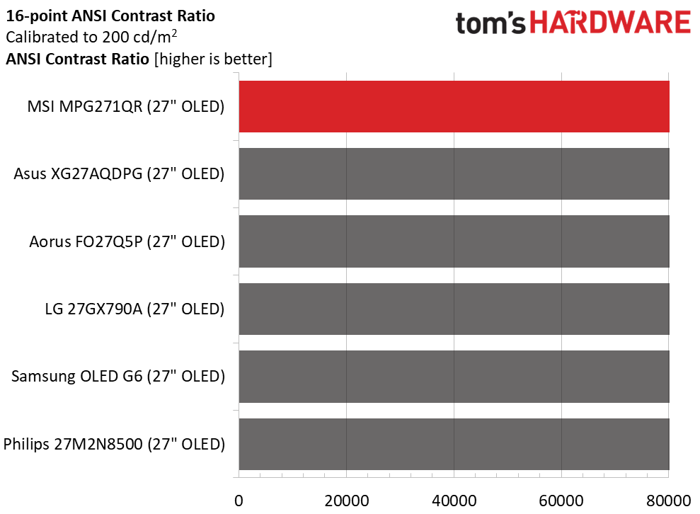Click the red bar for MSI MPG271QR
click(454, 106)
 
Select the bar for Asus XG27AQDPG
click(454, 173)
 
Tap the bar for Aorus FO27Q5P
click(454, 241)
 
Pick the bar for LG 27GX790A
click(454, 309)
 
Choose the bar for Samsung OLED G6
click(454, 377)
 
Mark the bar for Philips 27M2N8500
click(454, 444)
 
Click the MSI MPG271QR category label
click(125, 107)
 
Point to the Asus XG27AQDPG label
click(119, 174)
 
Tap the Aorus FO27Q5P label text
click(127, 242)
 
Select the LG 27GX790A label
click(134, 309)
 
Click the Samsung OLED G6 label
click(117, 377)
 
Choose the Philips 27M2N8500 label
click(114, 445)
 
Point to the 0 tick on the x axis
click(239, 500)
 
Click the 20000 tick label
click(346, 500)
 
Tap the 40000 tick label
click(454, 500)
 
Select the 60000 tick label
click(561, 500)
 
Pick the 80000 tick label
click(668, 500)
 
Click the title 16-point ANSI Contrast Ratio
click(110, 15)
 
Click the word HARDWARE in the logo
click(611, 23)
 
